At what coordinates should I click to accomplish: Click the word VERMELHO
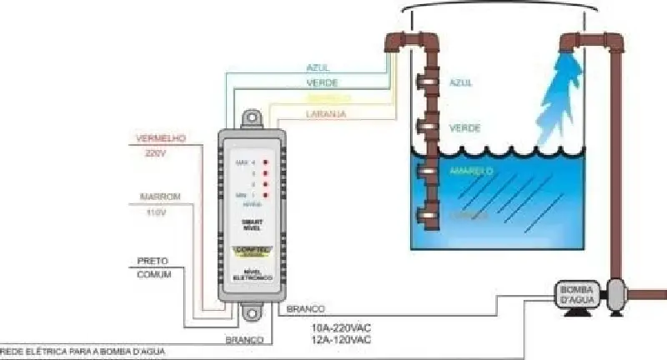(x=153, y=138)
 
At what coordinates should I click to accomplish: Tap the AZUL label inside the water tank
(x=461, y=84)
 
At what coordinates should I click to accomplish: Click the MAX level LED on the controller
(x=264, y=161)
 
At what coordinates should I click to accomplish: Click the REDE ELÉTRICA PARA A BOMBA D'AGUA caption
(x=83, y=352)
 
